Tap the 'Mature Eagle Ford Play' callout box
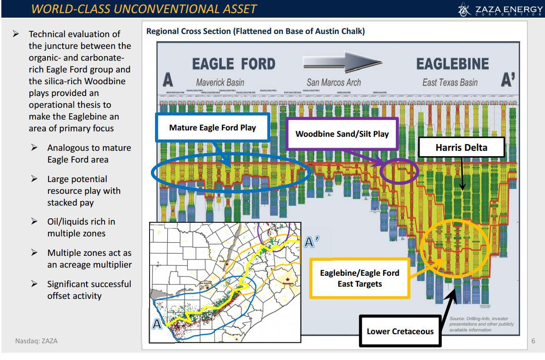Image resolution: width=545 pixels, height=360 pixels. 213,128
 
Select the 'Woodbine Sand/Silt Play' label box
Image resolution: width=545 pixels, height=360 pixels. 342,134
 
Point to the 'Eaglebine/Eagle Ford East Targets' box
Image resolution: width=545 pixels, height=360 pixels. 360,278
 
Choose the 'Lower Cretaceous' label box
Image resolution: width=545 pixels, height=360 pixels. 400,331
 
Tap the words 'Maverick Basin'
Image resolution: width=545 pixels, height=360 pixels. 220,82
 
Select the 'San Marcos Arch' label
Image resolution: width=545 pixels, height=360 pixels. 334,82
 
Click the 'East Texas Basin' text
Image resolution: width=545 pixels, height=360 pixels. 450,82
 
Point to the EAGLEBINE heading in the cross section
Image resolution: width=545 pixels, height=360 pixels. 453,64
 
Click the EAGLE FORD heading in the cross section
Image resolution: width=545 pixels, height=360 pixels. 234,64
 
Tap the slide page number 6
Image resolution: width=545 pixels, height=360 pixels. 533,341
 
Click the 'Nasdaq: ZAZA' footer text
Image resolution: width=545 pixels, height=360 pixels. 36,341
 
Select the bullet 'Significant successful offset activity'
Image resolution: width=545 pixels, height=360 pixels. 89,290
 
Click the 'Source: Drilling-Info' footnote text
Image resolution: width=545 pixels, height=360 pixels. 482,324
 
